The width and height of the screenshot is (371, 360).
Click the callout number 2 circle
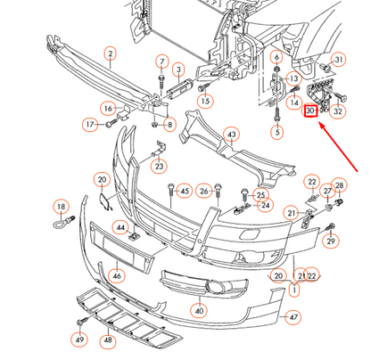pyautogui.click(x=110, y=54)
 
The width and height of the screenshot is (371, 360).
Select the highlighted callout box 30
pyautogui.click(x=310, y=112)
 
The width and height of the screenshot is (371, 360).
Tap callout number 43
pyautogui.click(x=231, y=135)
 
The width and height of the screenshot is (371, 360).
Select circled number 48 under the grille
pyautogui.click(x=109, y=340)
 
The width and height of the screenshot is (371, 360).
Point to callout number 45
pyautogui.click(x=185, y=190)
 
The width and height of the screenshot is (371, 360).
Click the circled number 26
pyautogui.click(x=204, y=190)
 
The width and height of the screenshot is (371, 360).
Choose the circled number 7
pyautogui.click(x=161, y=61)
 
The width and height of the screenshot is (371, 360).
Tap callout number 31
pyautogui.click(x=338, y=60)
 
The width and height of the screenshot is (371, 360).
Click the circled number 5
pyautogui.click(x=276, y=133)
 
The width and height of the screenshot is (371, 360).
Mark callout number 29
pyautogui.click(x=331, y=241)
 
